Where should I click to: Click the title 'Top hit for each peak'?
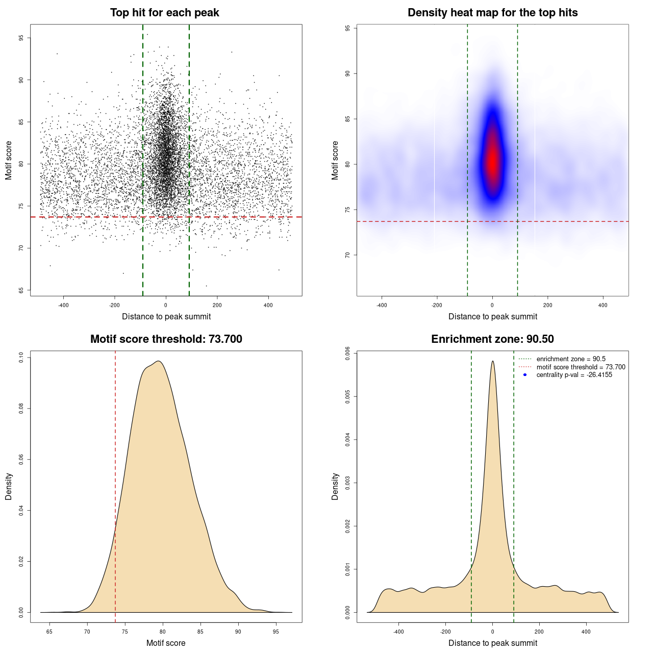164,13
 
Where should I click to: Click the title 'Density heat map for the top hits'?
492,13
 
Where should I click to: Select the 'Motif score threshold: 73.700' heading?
166,339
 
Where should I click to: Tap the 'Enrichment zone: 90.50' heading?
492,339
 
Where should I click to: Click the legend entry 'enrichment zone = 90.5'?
570,359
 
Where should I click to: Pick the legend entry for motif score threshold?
581,367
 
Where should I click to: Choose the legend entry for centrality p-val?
574,375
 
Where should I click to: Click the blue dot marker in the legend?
525,375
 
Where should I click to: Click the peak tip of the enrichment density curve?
492,361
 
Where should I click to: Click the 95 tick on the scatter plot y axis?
21,38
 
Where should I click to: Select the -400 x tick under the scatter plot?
63,305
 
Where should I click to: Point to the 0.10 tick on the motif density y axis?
21,358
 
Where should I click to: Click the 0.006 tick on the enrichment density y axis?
347,353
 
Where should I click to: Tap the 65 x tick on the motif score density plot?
49,632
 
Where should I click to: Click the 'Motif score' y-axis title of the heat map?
335,160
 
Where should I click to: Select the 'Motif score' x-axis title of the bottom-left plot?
166,643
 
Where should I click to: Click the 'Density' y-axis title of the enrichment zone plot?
335,486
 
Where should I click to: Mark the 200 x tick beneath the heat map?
547,305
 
